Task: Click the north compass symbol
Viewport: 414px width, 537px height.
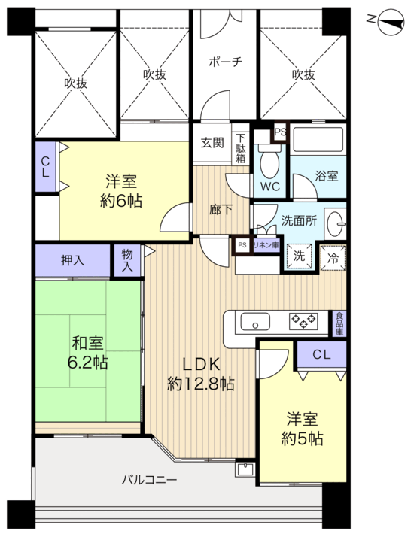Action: pos(391,22)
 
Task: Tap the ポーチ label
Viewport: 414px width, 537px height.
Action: pos(225,62)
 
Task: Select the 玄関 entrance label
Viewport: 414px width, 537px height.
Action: pos(212,142)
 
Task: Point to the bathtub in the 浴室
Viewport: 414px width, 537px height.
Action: pos(318,139)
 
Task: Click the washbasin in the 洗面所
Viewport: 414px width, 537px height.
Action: pos(336,223)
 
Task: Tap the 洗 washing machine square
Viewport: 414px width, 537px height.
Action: pos(299,256)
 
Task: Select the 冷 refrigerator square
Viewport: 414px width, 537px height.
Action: pos(333,258)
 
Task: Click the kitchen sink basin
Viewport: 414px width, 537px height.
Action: pos(255,322)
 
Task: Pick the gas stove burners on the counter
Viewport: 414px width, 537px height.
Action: pos(303,321)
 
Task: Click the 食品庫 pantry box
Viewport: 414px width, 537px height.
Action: pos(339,323)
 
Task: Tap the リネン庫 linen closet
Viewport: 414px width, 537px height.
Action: pos(266,245)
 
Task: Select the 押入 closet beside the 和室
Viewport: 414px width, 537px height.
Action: pos(73,261)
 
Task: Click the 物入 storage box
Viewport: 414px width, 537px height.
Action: pos(127,260)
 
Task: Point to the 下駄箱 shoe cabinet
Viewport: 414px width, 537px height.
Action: pos(241,149)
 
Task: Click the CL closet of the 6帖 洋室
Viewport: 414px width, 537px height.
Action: pos(46,167)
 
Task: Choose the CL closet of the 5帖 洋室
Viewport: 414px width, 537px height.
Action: pos(322,354)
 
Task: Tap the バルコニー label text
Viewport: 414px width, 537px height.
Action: pos(150,480)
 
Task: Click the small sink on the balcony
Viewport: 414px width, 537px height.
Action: pos(245,469)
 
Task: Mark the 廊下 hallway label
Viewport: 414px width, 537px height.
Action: pos(221,210)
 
